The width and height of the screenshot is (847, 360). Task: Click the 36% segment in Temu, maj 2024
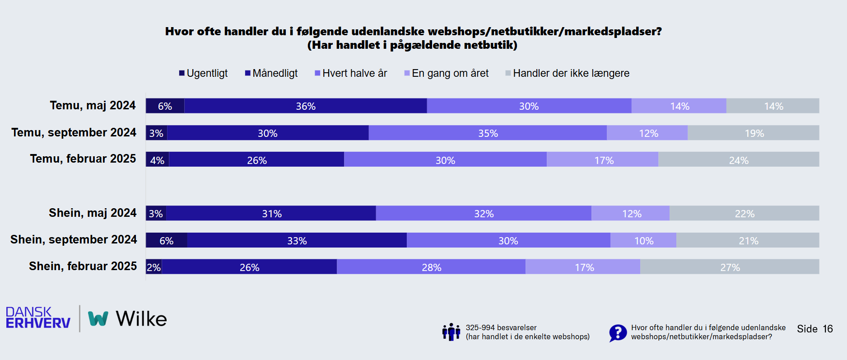point(306,106)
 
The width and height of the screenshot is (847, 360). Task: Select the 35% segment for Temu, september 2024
point(488,133)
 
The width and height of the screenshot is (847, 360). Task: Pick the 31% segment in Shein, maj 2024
point(271,213)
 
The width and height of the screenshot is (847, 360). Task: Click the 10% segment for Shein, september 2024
point(643,240)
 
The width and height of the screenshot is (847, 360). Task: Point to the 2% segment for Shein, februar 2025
point(154,267)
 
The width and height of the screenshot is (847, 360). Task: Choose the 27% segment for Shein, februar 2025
point(730,267)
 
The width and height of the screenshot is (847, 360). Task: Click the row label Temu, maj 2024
point(93,105)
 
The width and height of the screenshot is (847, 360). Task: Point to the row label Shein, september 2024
point(74,239)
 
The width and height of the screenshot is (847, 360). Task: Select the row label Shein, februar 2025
point(83,266)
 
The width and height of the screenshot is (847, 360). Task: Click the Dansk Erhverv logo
point(38,318)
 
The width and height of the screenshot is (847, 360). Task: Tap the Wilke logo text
point(141,319)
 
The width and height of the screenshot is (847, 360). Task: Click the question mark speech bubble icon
point(618,333)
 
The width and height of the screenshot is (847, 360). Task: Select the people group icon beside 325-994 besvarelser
point(451,332)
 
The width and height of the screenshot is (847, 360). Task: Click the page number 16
point(828,329)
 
